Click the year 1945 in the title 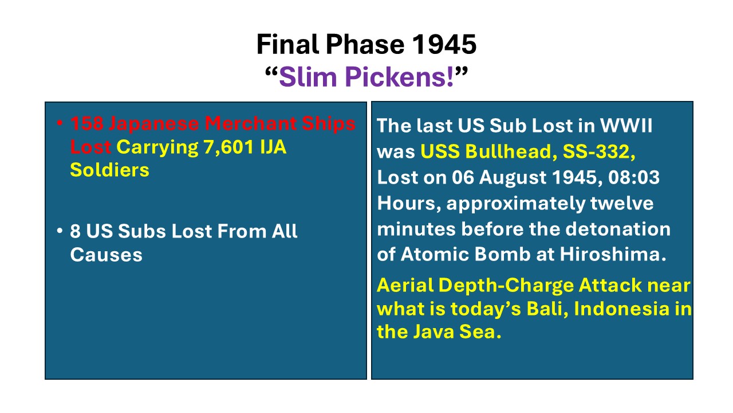tap(444, 44)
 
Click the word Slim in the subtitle tap(308, 77)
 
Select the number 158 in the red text tap(87, 123)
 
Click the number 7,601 tap(228, 147)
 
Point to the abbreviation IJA tap(273, 147)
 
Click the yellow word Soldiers tap(109, 170)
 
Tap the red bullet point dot tap(59, 123)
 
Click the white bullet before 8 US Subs tap(59, 231)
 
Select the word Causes tap(107, 255)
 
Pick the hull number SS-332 tap(599, 152)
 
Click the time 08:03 tap(634, 177)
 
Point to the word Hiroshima tap(613, 254)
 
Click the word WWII tap(626, 126)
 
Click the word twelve tap(622, 203)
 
